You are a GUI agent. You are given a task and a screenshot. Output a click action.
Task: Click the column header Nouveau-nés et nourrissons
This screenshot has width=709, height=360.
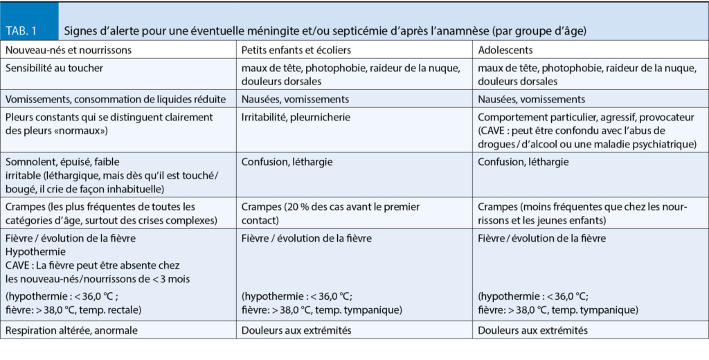(68, 50)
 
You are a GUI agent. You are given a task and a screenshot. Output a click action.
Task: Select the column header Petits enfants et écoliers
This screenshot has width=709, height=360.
(296, 50)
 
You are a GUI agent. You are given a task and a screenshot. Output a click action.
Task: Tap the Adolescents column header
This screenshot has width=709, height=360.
(505, 50)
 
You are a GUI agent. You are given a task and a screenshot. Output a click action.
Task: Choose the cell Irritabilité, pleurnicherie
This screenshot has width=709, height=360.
(296, 117)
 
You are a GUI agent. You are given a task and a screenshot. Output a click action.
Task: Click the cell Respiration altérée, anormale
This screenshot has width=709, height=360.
(71, 330)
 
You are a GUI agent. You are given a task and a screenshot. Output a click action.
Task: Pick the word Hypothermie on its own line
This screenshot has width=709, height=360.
(35, 251)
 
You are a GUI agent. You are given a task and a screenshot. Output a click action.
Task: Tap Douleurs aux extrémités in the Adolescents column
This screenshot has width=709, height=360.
(532, 330)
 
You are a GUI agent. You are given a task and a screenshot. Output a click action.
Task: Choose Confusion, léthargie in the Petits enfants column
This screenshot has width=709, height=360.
(287, 162)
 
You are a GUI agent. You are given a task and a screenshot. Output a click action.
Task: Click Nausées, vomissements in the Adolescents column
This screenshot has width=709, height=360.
(531, 99)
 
